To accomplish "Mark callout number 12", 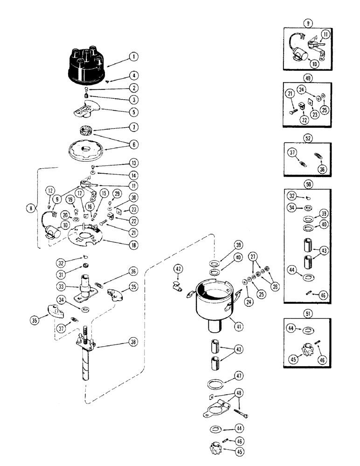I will click(50, 190).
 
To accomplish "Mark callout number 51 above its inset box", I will click(307, 314).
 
